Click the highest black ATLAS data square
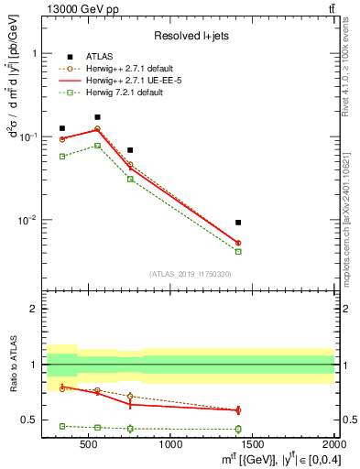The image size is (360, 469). coord(97,117)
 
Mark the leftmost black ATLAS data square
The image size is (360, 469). coord(62,128)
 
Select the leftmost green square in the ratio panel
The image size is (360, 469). coord(62,426)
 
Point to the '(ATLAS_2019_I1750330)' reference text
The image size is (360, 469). coord(191,274)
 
